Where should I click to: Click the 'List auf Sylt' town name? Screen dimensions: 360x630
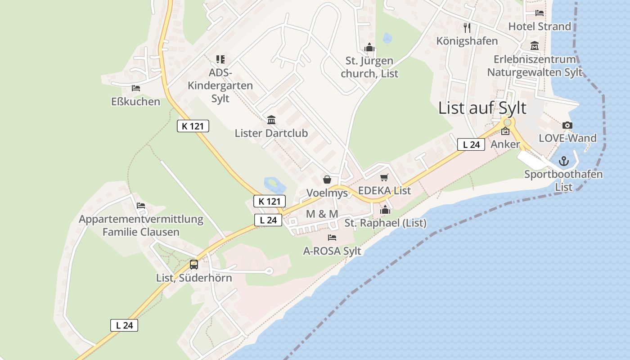[x=482, y=108]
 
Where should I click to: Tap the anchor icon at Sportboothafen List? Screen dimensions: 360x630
[x=563, y=161]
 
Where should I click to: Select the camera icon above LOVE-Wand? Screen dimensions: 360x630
[x=567, y=126]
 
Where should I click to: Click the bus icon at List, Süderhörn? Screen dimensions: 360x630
[x=194, y=265]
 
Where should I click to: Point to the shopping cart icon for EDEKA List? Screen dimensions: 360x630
[x=384, y=178]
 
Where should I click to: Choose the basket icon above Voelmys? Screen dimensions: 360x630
[x=327, y=180]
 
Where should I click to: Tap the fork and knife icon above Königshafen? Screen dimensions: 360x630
[x=467, y=28]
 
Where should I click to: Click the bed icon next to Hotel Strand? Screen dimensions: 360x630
[x=540, y=13]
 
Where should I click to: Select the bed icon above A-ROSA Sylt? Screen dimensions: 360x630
[x=332, y=237]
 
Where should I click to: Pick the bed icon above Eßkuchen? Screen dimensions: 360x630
[x=136, y=88]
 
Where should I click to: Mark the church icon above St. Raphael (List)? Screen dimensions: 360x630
[x=385, y=210]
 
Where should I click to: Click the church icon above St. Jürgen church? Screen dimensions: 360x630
[x=369, y=47]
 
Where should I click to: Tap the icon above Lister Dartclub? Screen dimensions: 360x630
[x=271, y=120]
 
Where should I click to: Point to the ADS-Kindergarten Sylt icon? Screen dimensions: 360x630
[x=220, y=59]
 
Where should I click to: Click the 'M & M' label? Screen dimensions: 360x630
[x=322, y=214]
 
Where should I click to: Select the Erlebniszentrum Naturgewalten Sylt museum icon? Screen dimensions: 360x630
[x=535, y=46]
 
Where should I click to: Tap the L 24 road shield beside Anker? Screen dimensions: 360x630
[x=471, y=144]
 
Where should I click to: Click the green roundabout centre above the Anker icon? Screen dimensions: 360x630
[x=508, y=122]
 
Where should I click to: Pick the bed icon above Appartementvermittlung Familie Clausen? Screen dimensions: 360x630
[x=141, y=206]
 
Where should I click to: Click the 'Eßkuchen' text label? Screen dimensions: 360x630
[x=135, y=102]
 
